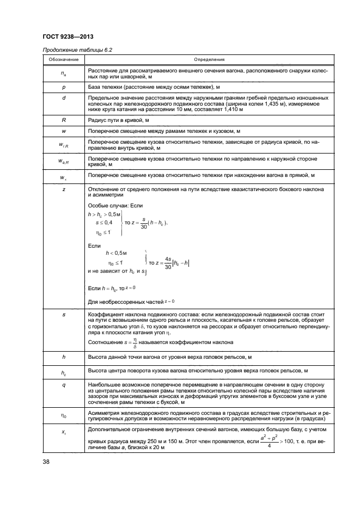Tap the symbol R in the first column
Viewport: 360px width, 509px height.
pyautogui.click(x=60, y=120)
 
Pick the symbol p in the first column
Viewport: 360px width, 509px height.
pyautogui.click(x=60, y=86)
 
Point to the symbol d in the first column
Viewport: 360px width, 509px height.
pyautogui.click(x=60, y=97)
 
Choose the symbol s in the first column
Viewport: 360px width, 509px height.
pyautogui.click(x=60, y=315)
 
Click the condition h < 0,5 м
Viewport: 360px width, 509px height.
pyautogui.click(x=115, y=253)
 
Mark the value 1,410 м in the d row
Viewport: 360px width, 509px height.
pyautogui.click(x=233, y=109)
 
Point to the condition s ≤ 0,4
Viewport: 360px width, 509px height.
pyautogui.click(x=104, y=223)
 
